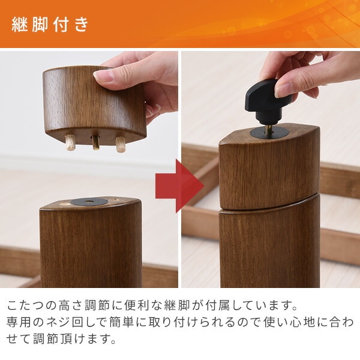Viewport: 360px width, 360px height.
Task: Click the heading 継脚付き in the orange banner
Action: (50, 24)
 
